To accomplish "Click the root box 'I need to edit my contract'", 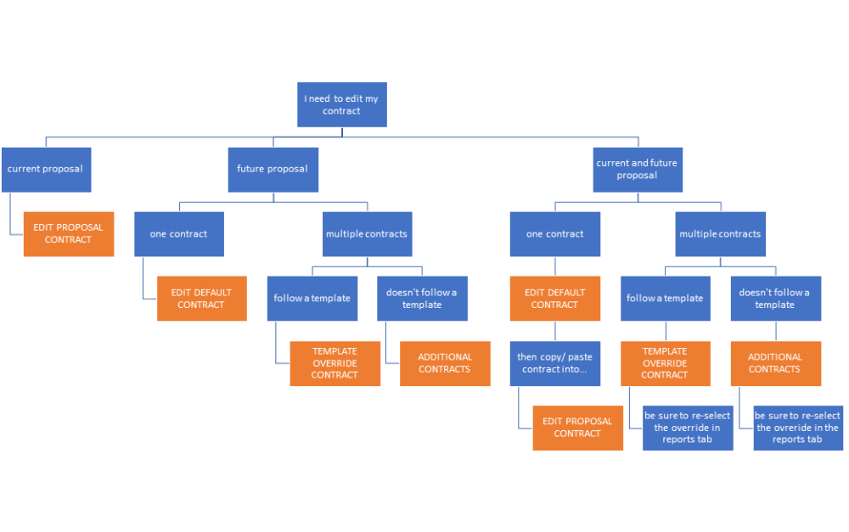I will pyautogui.click(x=341, y=104).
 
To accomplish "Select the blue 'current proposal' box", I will pyautogui.click(x=46, y=169).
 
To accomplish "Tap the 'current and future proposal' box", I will pyautogui.click(x=637, y=169).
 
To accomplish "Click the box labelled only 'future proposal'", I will pyautogui.click(x=273, y=169).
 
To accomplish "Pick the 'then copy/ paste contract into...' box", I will pyautogui.click(x=554, y=363).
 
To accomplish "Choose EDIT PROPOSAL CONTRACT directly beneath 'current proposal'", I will pyautogui.click(x=68, y=233).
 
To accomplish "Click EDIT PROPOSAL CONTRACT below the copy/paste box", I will pyautogui.click(x=577, y=428).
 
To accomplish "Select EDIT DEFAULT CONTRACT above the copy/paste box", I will pyautogui.click(x=554, y=299).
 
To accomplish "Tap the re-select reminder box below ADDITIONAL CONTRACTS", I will pyautogui.click(x=797, y=428).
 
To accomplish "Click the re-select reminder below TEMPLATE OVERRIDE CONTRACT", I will pyautogui.click(x=687, y=428).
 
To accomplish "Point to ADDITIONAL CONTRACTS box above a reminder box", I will pyautogui.click(x=775, y=363).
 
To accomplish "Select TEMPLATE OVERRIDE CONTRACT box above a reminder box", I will pyautogui.click(x=665, y=363).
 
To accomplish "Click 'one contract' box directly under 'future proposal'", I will pyautogui.click(x=178, y=234).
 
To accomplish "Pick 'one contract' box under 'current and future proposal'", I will pyautogui.click(x=554, y=234).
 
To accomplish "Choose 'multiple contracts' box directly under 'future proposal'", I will pyautogui.click(x=367, y=234).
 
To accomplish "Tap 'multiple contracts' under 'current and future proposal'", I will pyautogui.click(x=720, y=234).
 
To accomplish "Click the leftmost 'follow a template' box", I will pyautogui.click(x=312, y=299).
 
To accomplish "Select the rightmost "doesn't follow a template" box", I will pyautogui.click(x=775, y=299).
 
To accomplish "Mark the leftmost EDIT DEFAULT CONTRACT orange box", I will pyautogui.click(x=201, y=299).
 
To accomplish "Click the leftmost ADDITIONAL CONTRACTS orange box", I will pyautogui.click(x=444, y=363).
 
